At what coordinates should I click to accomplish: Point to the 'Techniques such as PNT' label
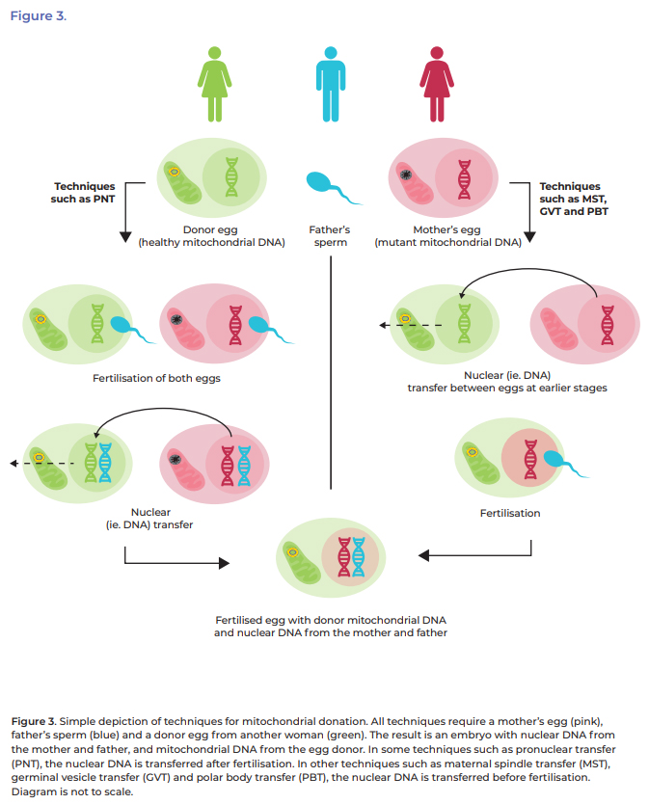(x=85, y=192)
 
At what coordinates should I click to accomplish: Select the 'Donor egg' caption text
(x=212, y=229)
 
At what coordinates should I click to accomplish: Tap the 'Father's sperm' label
(x=330, y=236)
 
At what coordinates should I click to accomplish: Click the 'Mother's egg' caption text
(x=447, y=229)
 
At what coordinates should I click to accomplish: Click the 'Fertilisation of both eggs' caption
(x=156, y=378)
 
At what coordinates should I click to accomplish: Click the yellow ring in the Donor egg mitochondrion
(x=174, y=172)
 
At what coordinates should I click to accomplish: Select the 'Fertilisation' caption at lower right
(x=510, y=513)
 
